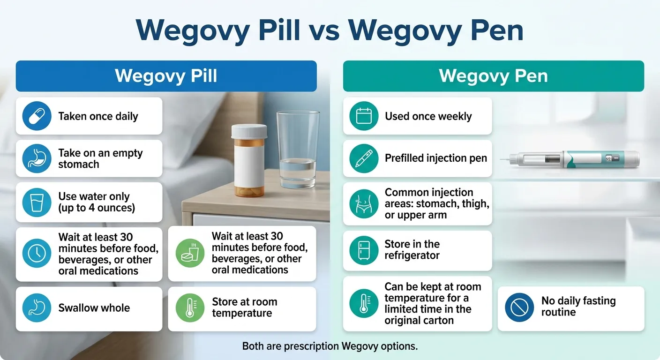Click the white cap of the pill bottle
click(249, 131)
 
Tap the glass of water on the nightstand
click(298, 150)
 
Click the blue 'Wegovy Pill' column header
click(166, 76)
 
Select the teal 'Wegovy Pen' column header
click(493, 76)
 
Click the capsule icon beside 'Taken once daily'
click(37, 116)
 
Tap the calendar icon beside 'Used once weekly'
click(364, 116)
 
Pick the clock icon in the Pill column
click(37, 254)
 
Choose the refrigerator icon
click(364, 250)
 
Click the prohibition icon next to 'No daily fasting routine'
click(519, 307)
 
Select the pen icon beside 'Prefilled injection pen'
click(364, 158)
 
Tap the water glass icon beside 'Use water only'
click(37, 202)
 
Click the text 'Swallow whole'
click(94, 308)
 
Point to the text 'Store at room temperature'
click(244, 307)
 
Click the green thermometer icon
click(190, 308)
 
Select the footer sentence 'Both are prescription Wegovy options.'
click(330, 346)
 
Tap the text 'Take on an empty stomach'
click(100, 158)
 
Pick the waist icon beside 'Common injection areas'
click(364, 203)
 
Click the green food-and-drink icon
click(190, 253)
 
